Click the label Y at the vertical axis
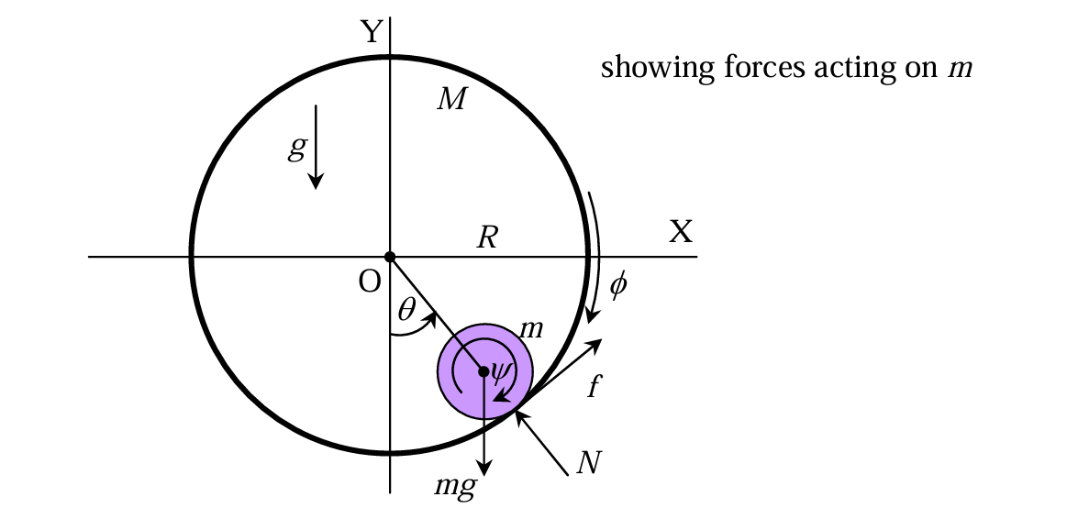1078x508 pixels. click(x=372, y=31)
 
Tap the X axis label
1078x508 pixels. click(x=681, y=232)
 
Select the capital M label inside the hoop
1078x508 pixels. click(x=451, y=100)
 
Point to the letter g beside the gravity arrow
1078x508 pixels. click(x=295, y=149)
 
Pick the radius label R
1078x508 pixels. click(x=487, y=237)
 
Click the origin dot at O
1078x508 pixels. click(x=390, y=257)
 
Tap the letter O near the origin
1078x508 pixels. click(x=370, y=282)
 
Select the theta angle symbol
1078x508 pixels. click(x=407, y=311)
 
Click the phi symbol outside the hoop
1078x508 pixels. click(x=618, y=284)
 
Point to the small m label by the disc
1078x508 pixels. click(x=531, y=329)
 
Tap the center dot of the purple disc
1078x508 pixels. click(x=484, y=371)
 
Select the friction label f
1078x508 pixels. click(x=595, y=386)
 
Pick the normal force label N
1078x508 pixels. click(x=588, y=463)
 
